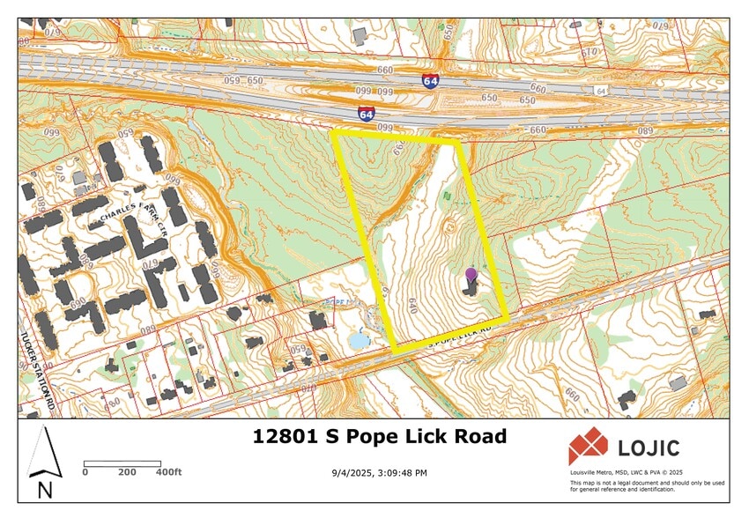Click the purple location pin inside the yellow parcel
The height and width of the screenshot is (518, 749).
tap(471, 275)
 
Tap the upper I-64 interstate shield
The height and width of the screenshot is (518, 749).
tap(431, 82)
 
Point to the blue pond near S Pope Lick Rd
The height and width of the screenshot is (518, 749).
tap(360, 339)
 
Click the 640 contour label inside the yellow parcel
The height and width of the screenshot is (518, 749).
tap(413, 306)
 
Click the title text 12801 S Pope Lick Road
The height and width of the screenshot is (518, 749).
tap(380, 436)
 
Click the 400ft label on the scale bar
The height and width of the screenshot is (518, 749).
tap(169, 472)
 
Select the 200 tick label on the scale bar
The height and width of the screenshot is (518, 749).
tap(127, 472)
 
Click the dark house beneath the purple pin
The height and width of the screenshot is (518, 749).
tap(471, 287)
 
